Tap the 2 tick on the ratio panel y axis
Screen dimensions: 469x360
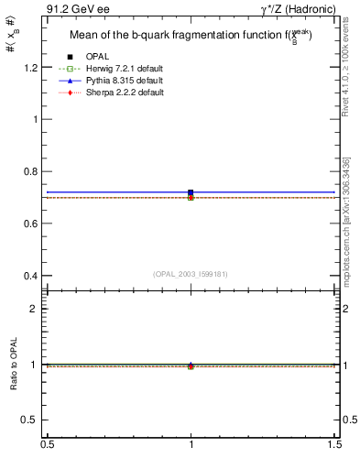point(34,309)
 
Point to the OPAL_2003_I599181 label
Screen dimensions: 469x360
point(191,273)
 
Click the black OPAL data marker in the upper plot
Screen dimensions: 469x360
point(191,192)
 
